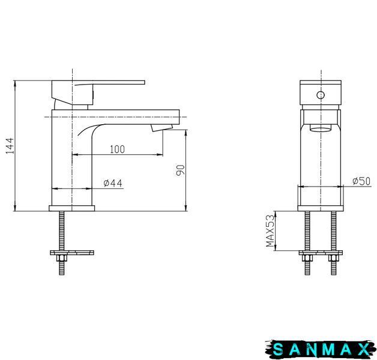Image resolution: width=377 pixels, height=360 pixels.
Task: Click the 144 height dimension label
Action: pyautogui.click(x=10, y=146)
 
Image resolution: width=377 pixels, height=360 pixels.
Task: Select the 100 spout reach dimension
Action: pyautogui.click(x=117, y=149)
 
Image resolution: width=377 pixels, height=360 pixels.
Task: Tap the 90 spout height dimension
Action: pyautogui.click(x=180, y=170)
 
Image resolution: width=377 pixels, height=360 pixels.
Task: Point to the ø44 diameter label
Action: pyautogui.click(x=113, y=183)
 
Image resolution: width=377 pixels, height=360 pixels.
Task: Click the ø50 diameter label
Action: pyautogui.click(x=361, y=181)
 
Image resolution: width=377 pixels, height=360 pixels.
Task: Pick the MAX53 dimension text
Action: pyautogui.click(x=270, y=231)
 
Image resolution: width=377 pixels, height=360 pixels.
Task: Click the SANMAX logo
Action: pyautogui.click(x=321, y=349)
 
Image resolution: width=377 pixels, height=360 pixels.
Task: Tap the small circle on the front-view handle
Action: pyautogui.click(x=321, y=95)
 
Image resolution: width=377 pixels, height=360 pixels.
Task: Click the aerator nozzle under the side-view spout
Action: pyautogui.click(x=161, y=128)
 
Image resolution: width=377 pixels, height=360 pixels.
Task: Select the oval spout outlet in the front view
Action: pyautogui.click(x=321, y=128)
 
